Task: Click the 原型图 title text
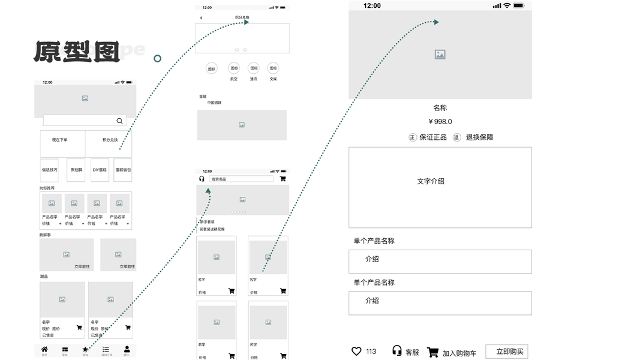tap(77, 52)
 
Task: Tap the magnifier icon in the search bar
tap(119, 121)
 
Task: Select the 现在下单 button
tap(60, 140)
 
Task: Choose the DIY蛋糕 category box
tap(100, 170)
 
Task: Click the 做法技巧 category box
tap(49, 170)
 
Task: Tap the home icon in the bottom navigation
tap(44, 350)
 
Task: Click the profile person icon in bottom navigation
tap(127, 350)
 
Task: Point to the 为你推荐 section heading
tap(47, 188)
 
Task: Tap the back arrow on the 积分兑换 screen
tap(201, 18)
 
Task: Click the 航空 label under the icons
tap(234, 79)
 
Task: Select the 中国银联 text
tap(215, 103)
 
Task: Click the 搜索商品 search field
tap(241, 179)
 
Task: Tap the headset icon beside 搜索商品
tap(202, 179)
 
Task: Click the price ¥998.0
tap(440, 122)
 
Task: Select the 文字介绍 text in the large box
tap(431, 181)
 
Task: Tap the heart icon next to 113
tap(356, 352)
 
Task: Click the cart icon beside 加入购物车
tap(432, 352)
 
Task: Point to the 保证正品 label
tap(433, 137)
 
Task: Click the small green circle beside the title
tap(158, 58)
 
